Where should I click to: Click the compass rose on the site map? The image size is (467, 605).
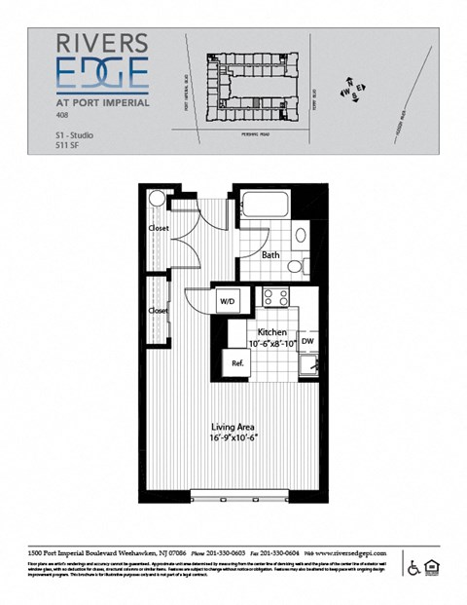pyautogui.click(x=350, y=92)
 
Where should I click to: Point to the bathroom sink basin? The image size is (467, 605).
pyautogui.click(x=301, y=235)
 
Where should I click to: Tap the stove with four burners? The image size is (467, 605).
pyautogui.click(x=273, y=299)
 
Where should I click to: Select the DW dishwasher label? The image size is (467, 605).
pyautogui.click(x=306, y=342)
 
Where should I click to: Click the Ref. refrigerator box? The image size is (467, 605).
pyautogui.click(x=236, y=362)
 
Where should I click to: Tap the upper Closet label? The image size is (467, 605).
pyautogui.click(x=159, y=228)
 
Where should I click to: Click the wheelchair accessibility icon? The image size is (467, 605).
pyautogui.click(x=412, y=566)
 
